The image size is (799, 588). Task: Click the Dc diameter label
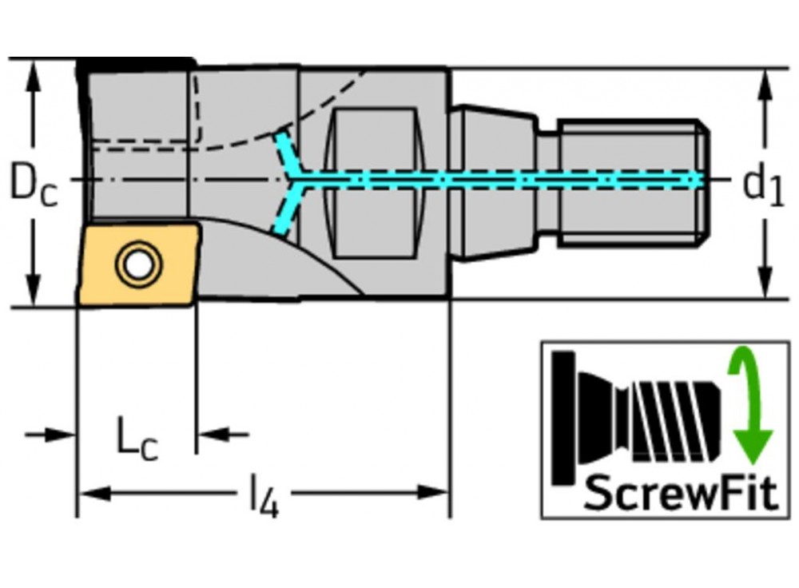point(33,185)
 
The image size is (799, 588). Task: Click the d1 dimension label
point(763,185)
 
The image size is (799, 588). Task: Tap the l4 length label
point(264,501)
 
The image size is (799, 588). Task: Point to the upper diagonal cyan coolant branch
point(284,152)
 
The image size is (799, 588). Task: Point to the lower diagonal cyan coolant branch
point(284,213)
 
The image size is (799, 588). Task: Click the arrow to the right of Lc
point(213,435)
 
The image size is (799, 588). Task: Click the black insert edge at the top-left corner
point(136,64)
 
